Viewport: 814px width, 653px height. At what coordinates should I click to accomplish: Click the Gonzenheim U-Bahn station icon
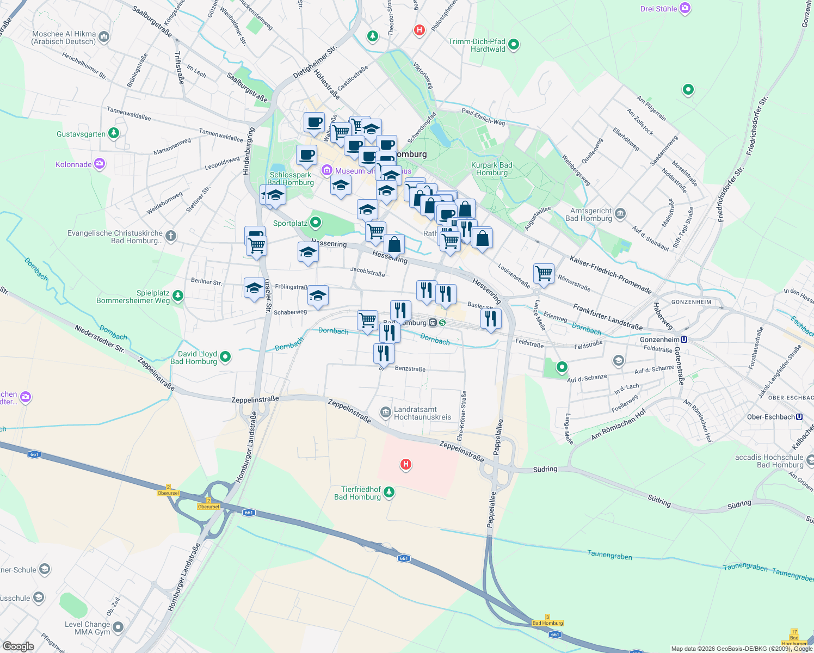click(684, 340)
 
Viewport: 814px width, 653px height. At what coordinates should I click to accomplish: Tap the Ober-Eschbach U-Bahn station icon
click(799, 417)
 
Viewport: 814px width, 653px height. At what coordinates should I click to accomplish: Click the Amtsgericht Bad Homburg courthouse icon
click(621, 214)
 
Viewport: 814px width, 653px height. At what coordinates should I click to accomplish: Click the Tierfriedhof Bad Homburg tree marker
click(388, 492)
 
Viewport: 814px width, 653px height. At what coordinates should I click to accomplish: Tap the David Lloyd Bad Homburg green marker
click(225, 357)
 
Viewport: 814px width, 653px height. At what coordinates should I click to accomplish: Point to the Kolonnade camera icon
click(100, 164)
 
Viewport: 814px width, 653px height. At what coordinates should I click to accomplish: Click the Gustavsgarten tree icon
click(114, 133)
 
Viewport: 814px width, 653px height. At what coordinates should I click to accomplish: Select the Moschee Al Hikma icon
click(104, 38)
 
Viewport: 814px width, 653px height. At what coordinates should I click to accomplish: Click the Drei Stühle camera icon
click(685, 8)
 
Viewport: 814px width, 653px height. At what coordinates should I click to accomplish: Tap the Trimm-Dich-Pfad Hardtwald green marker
click(513, 45)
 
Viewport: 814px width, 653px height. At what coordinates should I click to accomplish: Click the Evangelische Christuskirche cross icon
click(171, 236)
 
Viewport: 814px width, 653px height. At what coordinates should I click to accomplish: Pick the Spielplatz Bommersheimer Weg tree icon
click(178, 296)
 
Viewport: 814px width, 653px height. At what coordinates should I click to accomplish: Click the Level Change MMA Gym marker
click(118, 627)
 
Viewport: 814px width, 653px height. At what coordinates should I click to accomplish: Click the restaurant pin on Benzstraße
click(384, 353)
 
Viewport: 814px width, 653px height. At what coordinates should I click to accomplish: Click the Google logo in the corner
click(18, 646)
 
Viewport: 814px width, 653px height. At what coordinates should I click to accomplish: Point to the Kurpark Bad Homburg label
click(491, 169)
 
